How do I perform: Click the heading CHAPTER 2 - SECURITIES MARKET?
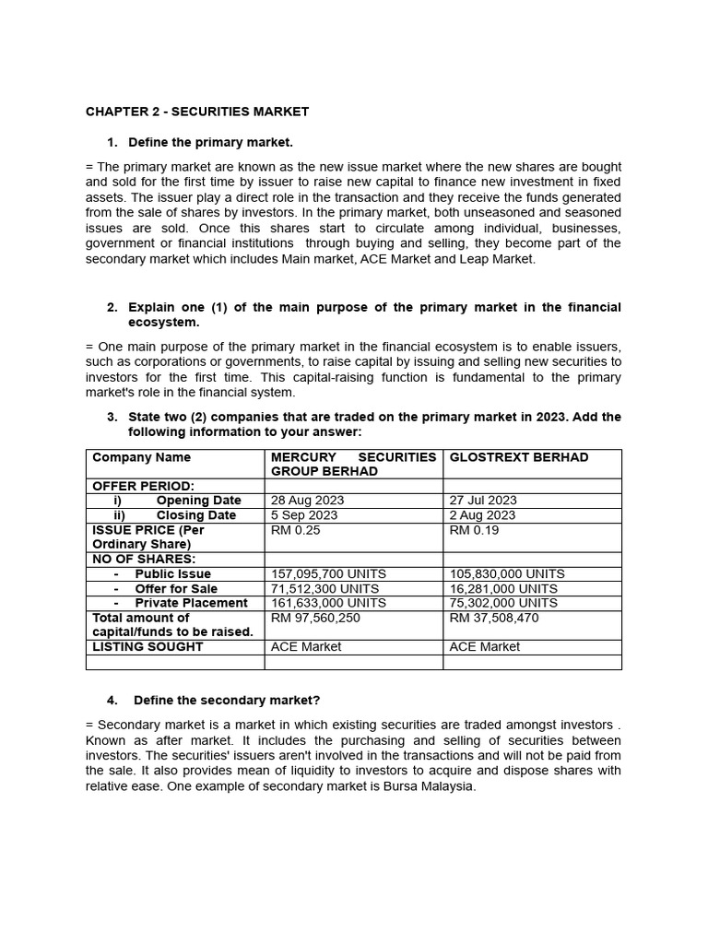point(197,112)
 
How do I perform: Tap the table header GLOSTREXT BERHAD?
point(518,457)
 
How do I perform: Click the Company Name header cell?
point(142,457)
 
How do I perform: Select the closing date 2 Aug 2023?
point(482,515)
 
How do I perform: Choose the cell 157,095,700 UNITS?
point(328,573)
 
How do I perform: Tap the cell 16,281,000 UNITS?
point(503,588)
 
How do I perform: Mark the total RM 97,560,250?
point(315,618)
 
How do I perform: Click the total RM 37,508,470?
point(493,618)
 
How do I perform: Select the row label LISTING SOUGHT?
point(147,647)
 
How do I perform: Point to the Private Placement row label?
point(191,603)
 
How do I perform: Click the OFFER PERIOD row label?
point(143,486)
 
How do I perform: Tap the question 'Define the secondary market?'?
point(227,700)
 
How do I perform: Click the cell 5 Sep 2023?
point(304,515)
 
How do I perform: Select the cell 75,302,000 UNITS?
point(503,603)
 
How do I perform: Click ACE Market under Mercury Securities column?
point(306,647)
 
